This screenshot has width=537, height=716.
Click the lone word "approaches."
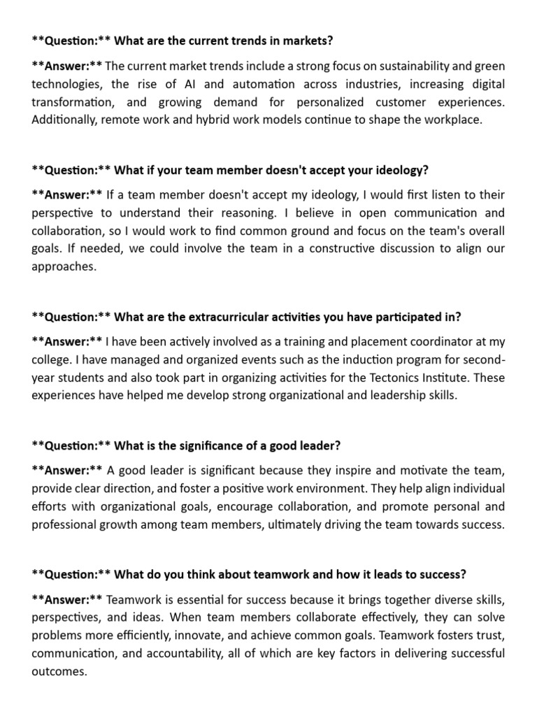point(62,266)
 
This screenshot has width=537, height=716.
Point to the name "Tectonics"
point(371,377)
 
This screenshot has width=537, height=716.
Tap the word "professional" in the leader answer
point(64,524)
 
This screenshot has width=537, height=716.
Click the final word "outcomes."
point(59,671)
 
